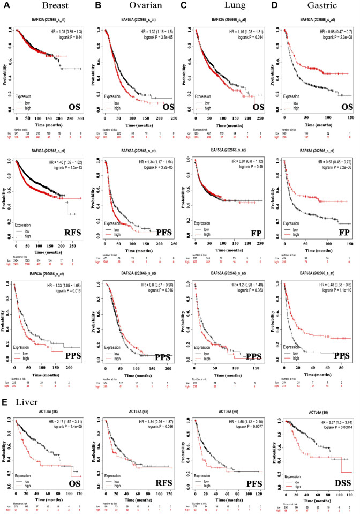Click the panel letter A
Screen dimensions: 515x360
pyautogui.click(x=7, y=6)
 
